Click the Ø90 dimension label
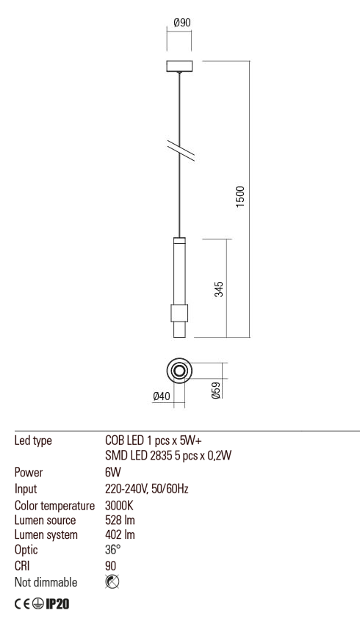181,23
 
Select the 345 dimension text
218,289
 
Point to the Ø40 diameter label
161,396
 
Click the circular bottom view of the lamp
179,371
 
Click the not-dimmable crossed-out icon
112,582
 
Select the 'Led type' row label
33,441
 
